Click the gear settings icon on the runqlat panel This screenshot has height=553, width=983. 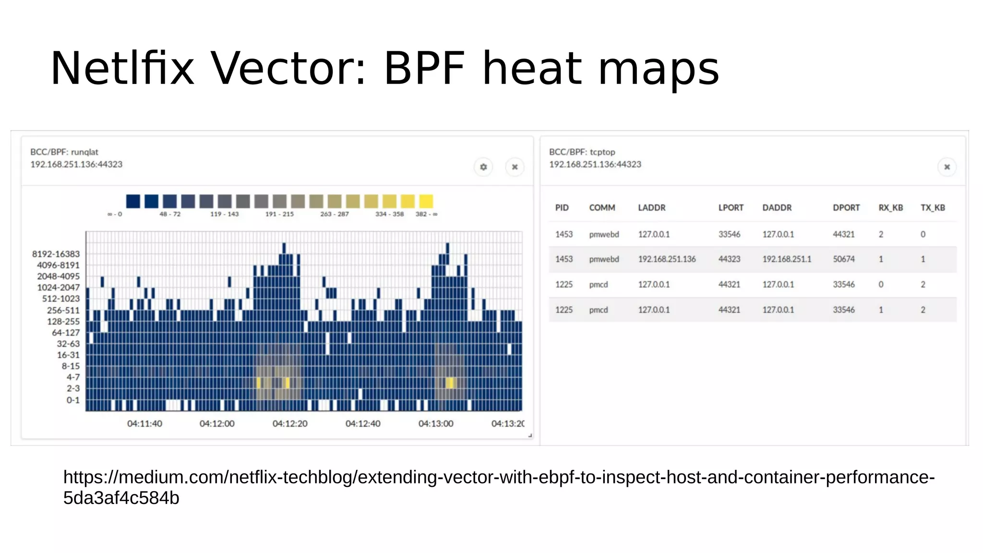point(483,167)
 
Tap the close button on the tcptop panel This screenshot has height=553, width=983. point(947,167)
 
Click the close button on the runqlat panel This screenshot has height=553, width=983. point(515,167)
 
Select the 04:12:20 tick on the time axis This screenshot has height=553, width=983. point(290,423)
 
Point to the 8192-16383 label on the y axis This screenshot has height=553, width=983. point(56,254)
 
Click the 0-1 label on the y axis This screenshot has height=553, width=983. point(73,400)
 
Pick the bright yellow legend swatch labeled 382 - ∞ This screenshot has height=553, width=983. point(426,201)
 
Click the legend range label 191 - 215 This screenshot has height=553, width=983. point(279,214)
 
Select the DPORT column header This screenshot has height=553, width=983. point(846,208)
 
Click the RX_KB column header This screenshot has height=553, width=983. point(890,208)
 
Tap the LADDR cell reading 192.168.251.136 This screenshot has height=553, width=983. point(667,259)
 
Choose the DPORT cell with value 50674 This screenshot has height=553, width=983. point(843,259)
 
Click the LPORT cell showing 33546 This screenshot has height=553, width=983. point(729,234)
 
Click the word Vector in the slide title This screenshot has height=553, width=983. point(288,69)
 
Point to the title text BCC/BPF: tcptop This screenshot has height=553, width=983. point(582,152)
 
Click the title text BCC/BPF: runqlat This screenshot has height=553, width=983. point(64,152)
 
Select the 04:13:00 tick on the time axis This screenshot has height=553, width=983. point(435,423)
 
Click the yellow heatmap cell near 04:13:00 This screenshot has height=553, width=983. point(450,383)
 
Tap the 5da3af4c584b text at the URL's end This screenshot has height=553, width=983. point(121,498)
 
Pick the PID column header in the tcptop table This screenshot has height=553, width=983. point(562,208)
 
